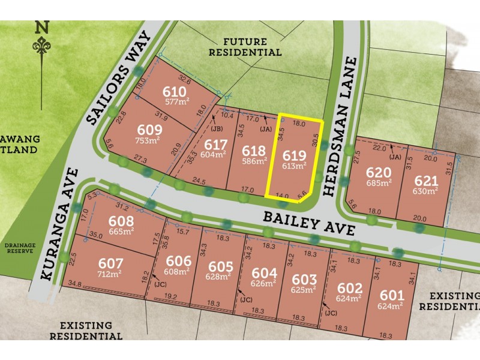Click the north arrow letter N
(41, 26)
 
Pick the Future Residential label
(252, 47)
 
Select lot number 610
(175, 92)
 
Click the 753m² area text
(150, 141)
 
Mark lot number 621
(426, 179)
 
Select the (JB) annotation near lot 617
(217, 128)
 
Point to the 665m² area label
(121, 232)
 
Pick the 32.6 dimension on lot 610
(185, 79)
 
